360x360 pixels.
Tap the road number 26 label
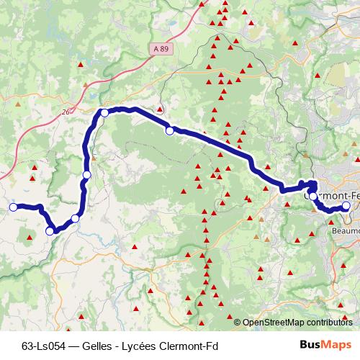(x=66, y=112)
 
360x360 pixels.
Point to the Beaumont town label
(x=347, y=231)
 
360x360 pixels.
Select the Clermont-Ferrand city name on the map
(x=334, y=195)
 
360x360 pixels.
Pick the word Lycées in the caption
(x=138, y=345)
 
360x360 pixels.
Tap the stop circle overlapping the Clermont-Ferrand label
(x=311, y=194)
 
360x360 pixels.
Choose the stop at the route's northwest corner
(x=104, y=113)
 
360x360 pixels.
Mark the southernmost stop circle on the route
(x=50, y=231)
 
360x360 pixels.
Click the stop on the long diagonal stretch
(x=170, y=130)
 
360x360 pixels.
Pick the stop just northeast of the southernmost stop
(x=75, y=217)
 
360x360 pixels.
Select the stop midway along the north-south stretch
(x=87, y=175)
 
